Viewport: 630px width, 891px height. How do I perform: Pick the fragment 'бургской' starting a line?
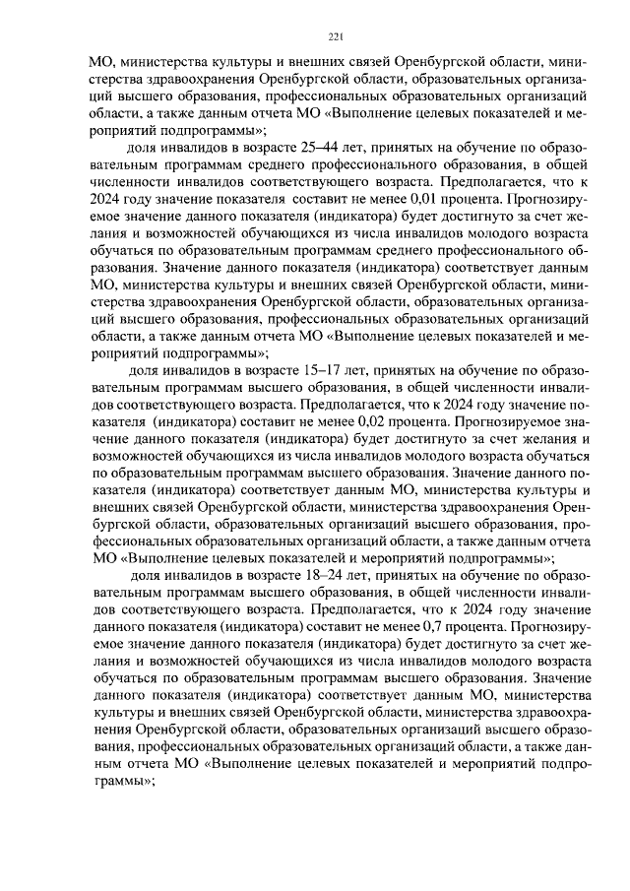(121, 525)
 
